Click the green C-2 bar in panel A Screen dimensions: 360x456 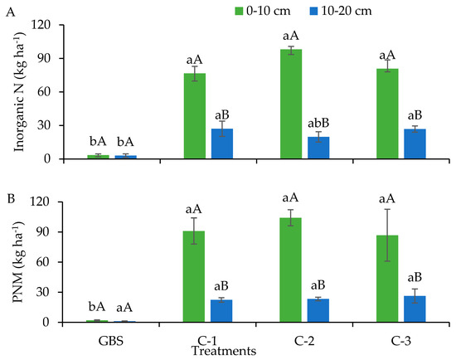(x=290, y=105)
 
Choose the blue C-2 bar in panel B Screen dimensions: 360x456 (x=318, y=310)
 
